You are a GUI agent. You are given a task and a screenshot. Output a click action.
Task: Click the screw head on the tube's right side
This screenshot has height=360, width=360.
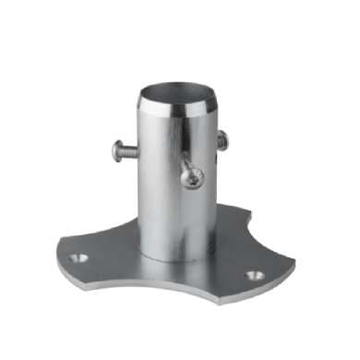(222, 140)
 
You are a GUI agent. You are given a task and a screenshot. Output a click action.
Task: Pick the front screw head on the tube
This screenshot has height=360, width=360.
(192, 175)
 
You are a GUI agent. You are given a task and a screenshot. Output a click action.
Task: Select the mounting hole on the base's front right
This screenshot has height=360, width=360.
(254, 275)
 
